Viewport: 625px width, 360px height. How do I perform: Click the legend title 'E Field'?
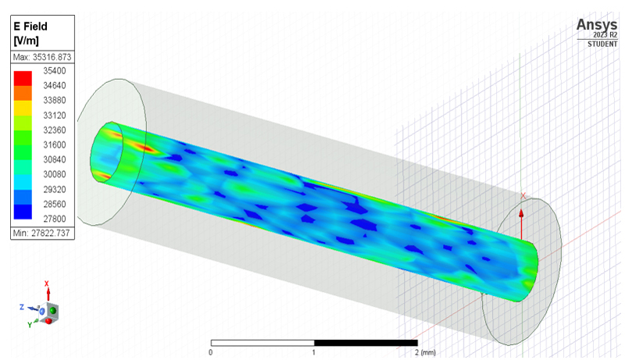coord(30,27)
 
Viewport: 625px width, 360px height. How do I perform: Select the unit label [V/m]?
coord(27,41)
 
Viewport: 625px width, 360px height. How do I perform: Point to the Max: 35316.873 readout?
coord(42,57)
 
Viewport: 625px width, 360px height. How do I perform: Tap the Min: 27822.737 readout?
coord(41,233)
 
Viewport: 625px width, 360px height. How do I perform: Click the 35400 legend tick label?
coord(55,71)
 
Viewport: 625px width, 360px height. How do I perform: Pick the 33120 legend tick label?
coord(55,116)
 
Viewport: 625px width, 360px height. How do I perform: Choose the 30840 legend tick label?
coord(55,159)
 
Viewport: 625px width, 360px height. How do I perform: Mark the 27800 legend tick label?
coord(55,219)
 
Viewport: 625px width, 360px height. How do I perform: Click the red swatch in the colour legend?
coord(23,78)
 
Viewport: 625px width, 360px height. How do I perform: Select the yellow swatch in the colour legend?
coord(23,108)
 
